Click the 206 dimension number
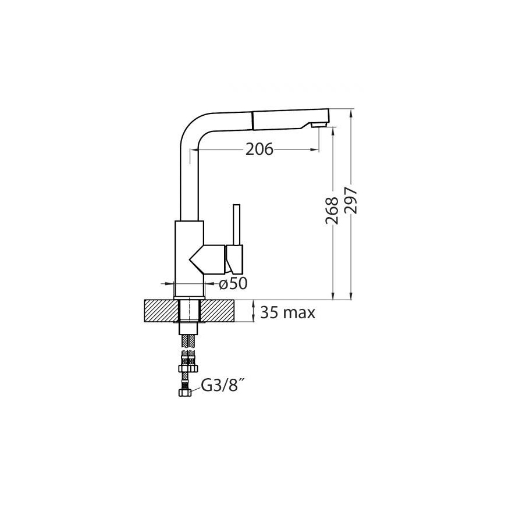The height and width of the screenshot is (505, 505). pyautogui.click(x=259, y=150)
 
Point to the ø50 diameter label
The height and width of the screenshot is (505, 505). pyautogui.click(x=233, y=283)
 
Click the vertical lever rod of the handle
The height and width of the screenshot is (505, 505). pyautogui.click(x=237, y=225)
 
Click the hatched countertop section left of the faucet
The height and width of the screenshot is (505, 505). pyautogui.click(x=158, y=311)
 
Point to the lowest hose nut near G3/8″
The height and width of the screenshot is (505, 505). pyautogui.click(x=184, y=393)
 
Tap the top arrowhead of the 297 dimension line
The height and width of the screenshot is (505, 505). pyautogui.click(x=351, y=113)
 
